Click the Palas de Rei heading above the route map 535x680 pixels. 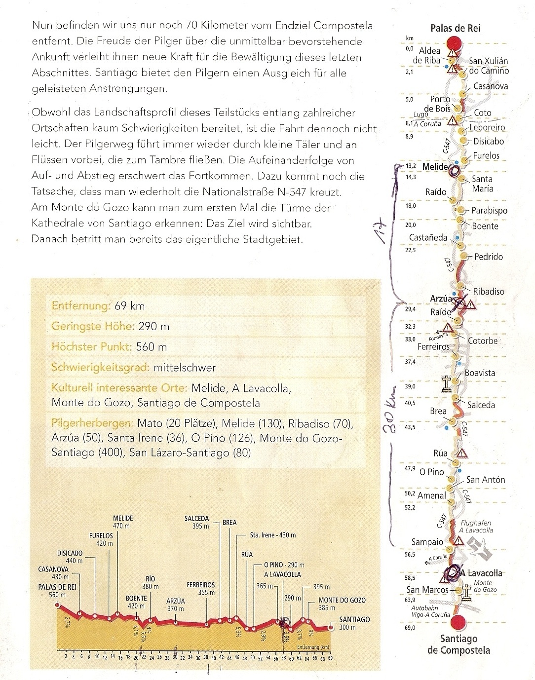pyautogui.click(x=455, y=28)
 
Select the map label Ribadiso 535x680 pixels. pyautogui.click(x=489, y=291)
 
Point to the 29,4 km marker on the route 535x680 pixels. pyautogui.click(x=410, y=309)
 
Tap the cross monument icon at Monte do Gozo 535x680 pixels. pyautogui.click(x=465, y=592)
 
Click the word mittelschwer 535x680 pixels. pyautogui.click(x=185, y=368)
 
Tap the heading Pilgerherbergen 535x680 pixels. pyautogui.click(x=92, y=423)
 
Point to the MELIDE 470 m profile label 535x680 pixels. pyautogui.click(x=123, y=522)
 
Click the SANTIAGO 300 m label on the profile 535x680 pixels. pyautogui.click(x=354, y=623)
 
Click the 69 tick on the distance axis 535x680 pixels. pyautogui.click(x=331, y=658)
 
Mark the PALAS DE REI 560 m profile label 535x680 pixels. pyautogui.click(x=59, y=591)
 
